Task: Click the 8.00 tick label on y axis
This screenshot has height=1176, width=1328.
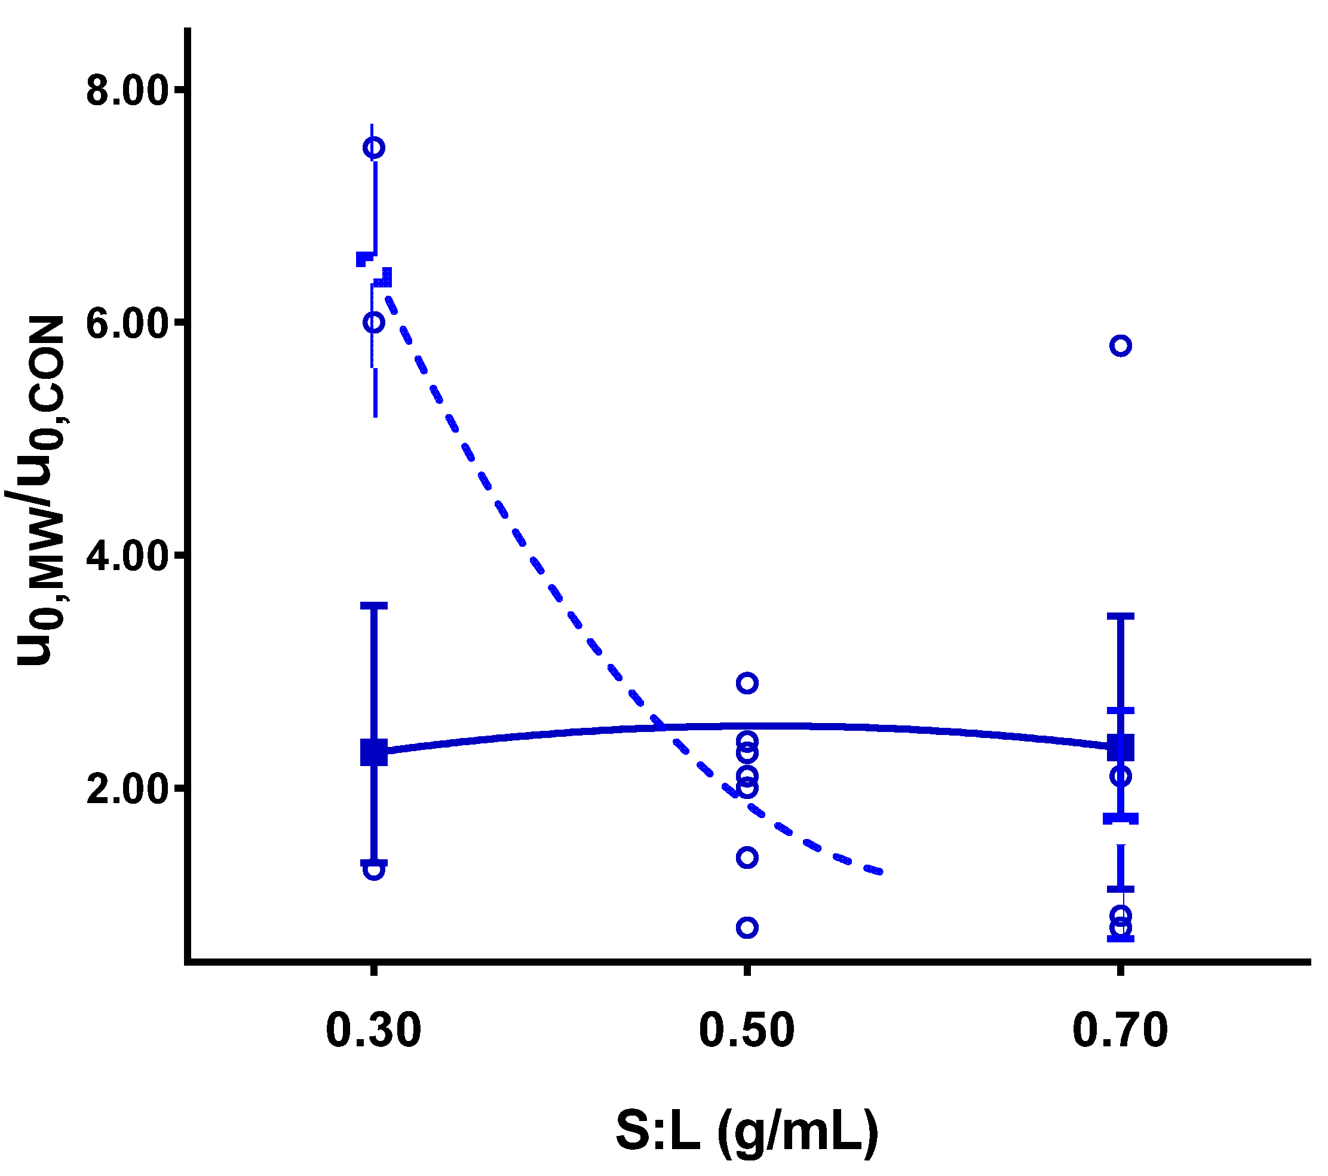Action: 127,91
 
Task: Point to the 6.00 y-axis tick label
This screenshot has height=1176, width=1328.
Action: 127,323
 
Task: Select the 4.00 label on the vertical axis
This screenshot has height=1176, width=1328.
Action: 127,557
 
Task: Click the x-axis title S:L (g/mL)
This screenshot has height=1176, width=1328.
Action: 747,1131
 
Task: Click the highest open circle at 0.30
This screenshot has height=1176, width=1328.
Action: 373,148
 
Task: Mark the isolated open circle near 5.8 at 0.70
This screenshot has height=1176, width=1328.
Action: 1121,345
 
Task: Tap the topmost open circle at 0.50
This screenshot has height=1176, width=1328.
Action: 747,683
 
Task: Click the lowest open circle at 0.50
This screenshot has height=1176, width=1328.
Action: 747,927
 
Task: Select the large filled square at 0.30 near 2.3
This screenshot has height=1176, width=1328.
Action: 374,752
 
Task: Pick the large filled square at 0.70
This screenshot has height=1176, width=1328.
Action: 1121,748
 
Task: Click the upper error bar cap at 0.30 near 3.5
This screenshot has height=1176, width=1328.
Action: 374,605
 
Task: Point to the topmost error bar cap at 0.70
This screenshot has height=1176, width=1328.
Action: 1121,616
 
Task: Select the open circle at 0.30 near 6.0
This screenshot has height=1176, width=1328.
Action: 373,322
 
